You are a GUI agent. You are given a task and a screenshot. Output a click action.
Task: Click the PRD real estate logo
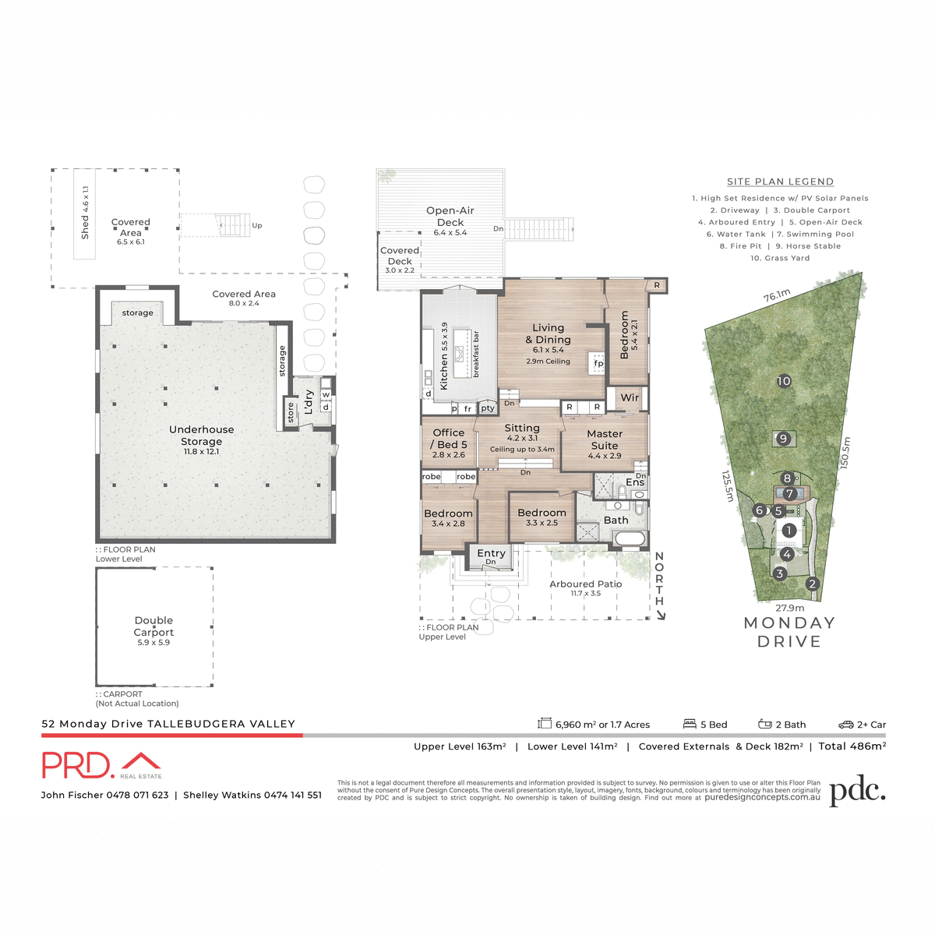tap(101, 765)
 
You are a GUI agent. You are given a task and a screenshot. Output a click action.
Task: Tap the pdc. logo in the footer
tap(857, 792)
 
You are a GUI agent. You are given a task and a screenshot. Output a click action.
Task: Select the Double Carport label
tap(153, 626)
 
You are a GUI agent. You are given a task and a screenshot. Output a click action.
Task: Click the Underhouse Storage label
tap(201, 436)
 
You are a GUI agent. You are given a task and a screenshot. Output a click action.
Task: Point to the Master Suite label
tap(605, 439)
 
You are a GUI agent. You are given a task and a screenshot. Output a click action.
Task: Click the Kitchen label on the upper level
tap(444, 356)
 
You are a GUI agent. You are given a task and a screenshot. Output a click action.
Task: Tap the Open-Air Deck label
tap(450, 216)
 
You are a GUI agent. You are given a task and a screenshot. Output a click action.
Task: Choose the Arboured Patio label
tap(586, 584)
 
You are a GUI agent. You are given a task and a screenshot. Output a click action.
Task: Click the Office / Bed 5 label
tap(448, 439)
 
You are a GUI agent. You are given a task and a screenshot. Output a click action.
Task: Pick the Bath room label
tap(616, 520)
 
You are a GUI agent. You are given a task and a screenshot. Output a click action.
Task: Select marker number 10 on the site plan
tap(784, 381)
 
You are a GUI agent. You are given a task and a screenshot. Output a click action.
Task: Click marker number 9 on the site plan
tap(784, 439)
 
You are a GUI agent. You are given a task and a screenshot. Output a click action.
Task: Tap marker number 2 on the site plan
tap(813, 584)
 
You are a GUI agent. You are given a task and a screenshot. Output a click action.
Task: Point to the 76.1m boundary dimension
tap(777, 295)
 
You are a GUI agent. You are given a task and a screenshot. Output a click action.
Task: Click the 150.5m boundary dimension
tap(846, 453)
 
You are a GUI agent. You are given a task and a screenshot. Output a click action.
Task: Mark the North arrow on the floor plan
tap(660, 584)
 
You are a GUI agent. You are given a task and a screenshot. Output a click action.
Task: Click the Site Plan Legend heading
tap(780, 182)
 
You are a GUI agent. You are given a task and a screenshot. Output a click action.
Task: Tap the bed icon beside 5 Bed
tap(690, 724)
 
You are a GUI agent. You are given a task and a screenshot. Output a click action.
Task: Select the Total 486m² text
tap(852, 746)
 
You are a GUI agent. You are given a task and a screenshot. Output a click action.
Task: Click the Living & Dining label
tap(548, 333)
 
